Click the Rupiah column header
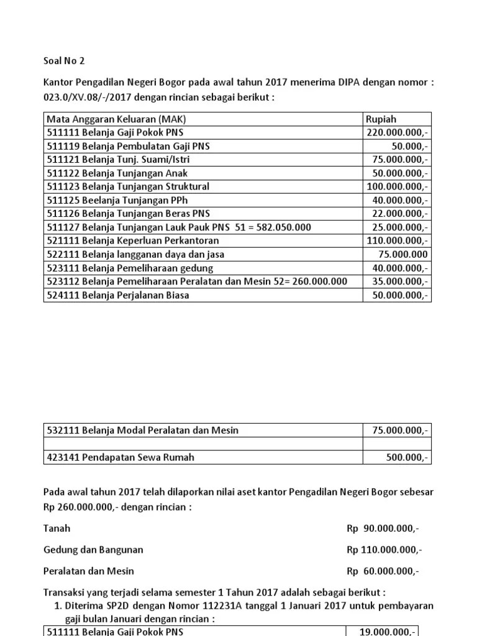(x=381, y=119)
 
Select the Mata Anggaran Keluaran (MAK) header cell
(x=116, y=119)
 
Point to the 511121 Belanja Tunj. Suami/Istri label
(x=119, y=160)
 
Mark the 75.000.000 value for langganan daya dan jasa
(x=403, y=255)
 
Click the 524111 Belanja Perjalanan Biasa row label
(x=118, y=295)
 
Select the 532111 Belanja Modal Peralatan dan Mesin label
(x=143, y=430)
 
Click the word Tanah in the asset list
(x=57, y=529)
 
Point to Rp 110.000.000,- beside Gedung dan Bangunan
(x=383, y=550)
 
